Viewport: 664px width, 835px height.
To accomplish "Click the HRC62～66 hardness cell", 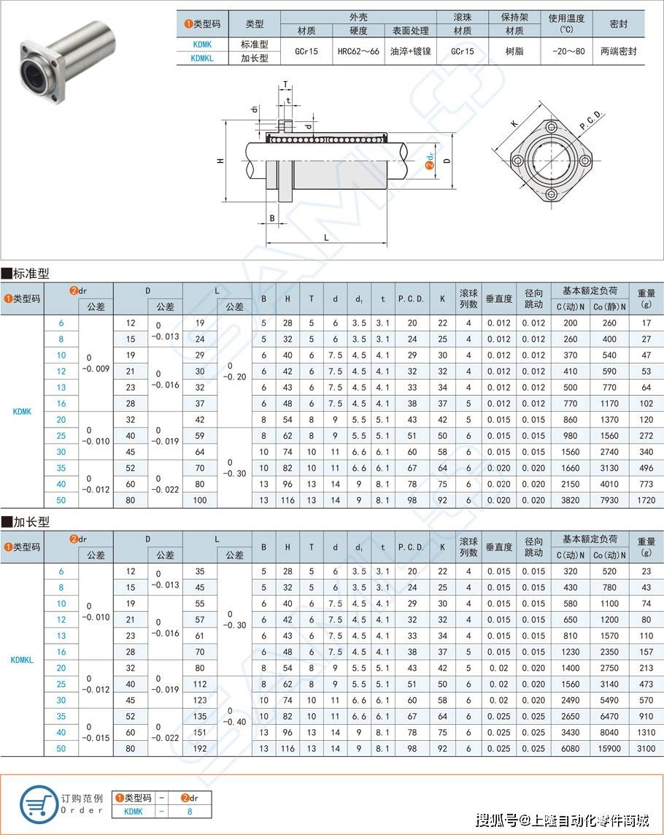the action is pyautogui.click(x=358, y=52).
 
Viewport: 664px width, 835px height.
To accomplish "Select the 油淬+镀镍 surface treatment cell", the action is pyautogui.click(x=411, y=52).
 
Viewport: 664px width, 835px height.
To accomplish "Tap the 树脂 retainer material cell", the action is pyautogui.click(x=514, y=52).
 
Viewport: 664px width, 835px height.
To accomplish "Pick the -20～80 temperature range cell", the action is pyautogui.click(x=568, y=52).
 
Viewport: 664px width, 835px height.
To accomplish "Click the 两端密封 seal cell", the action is pyautogui.click(x=619, y=52).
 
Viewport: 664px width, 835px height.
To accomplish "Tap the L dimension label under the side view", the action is pyautogui.click(x=326, y=237).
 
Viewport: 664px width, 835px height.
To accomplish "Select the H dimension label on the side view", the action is pyautogui.click(x=220, y=161).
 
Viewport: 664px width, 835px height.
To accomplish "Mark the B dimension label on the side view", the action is pyautogui.click(x=272, y=218).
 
